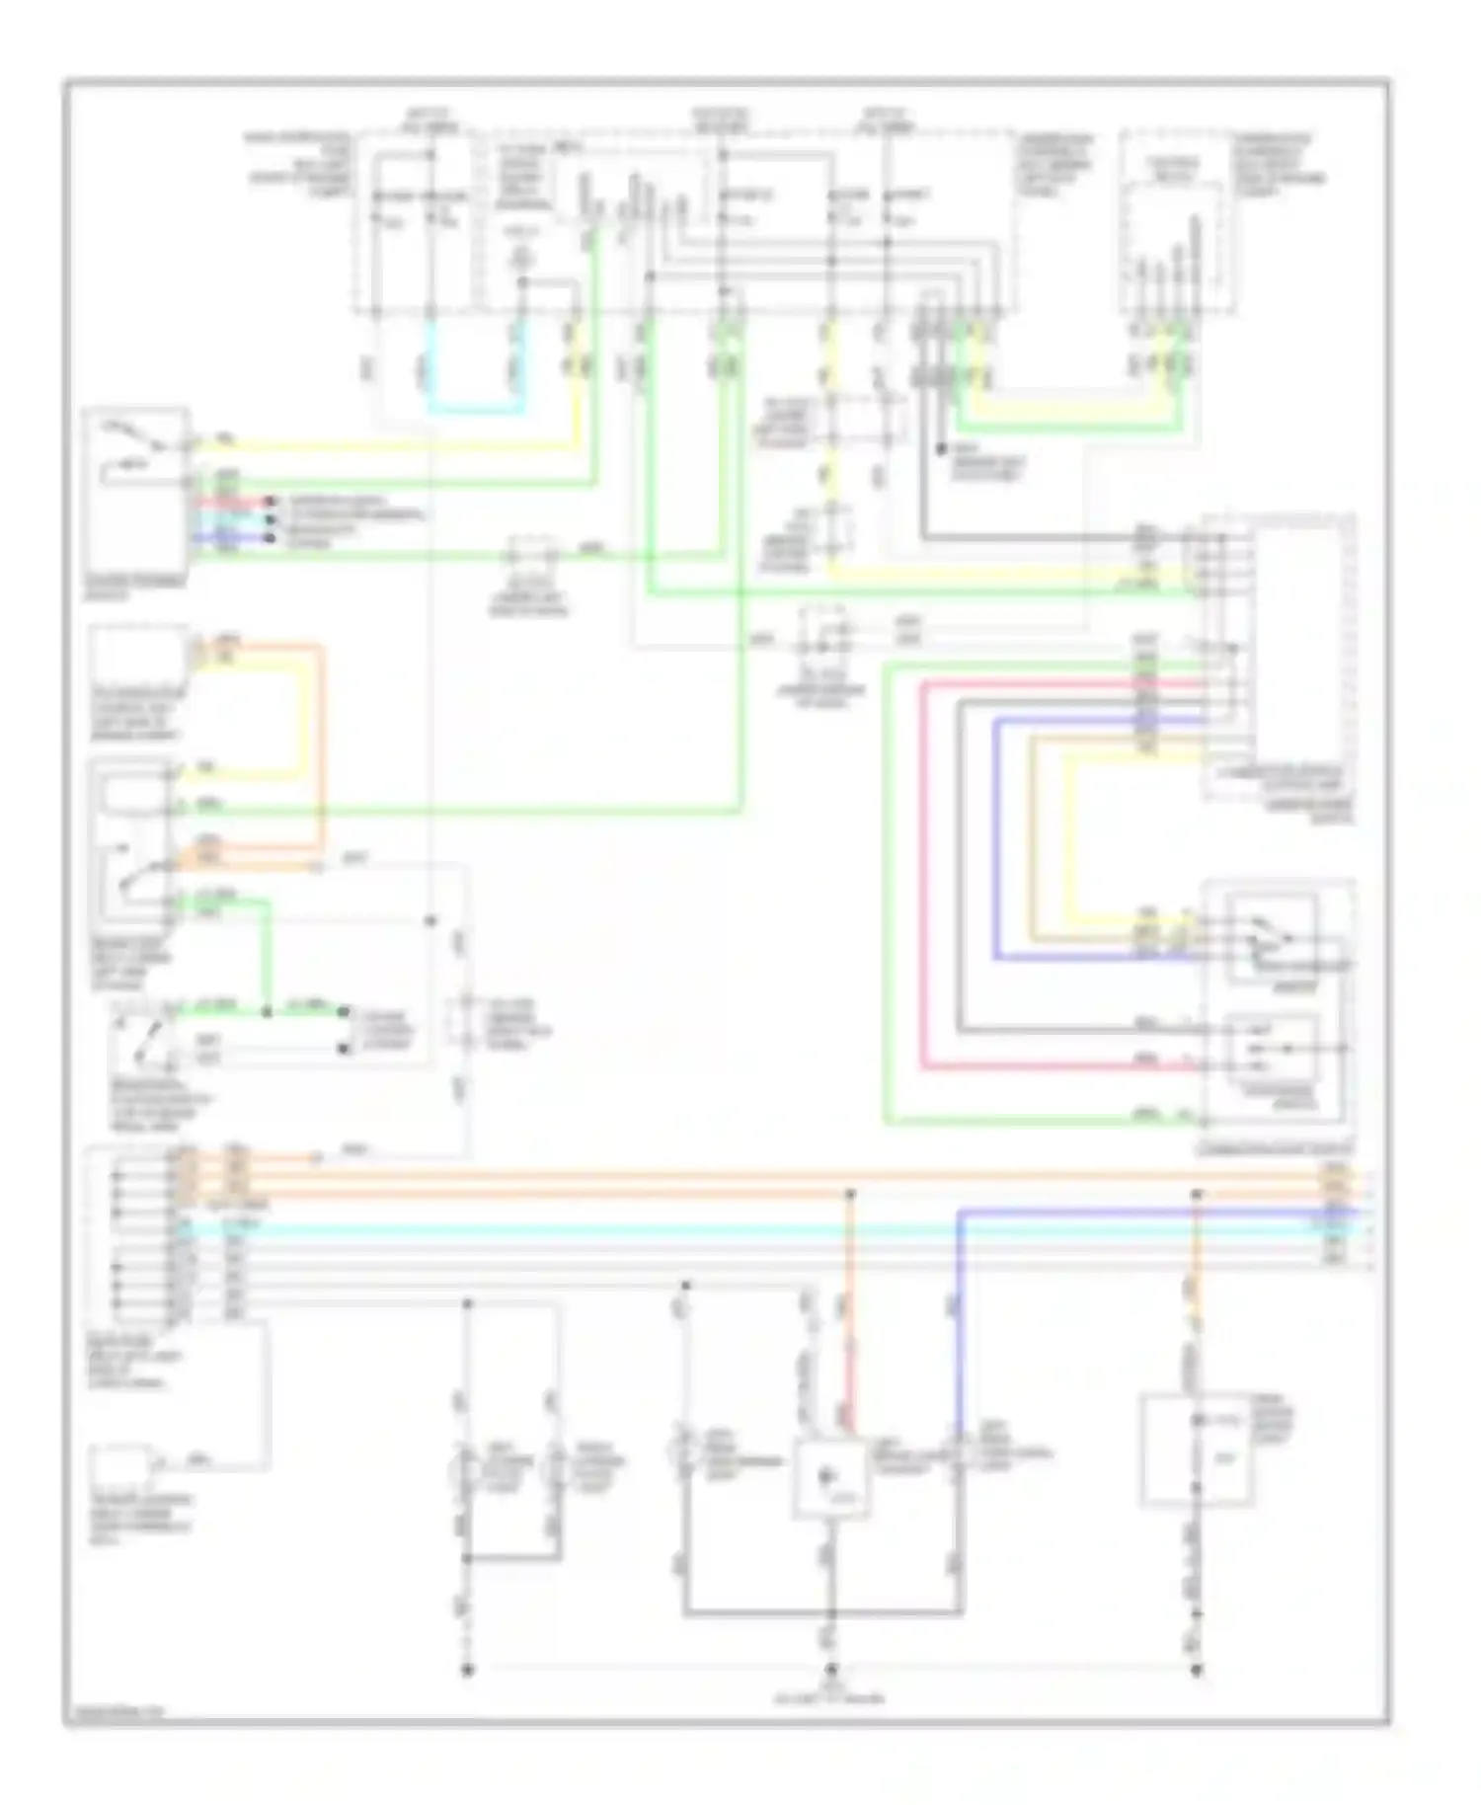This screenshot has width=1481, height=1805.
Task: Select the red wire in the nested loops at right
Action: (x=922, y=869)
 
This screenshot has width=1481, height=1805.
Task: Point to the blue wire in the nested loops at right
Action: (x=995, y=839)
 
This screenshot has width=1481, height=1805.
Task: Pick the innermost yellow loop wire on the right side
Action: (x=1066, y=839)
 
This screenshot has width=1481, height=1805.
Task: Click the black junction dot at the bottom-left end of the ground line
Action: (x=468, y=1670)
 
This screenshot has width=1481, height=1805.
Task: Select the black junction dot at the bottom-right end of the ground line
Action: (x=1197, y=1670)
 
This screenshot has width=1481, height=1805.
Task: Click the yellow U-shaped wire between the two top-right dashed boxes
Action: (x=1076, y=404)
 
